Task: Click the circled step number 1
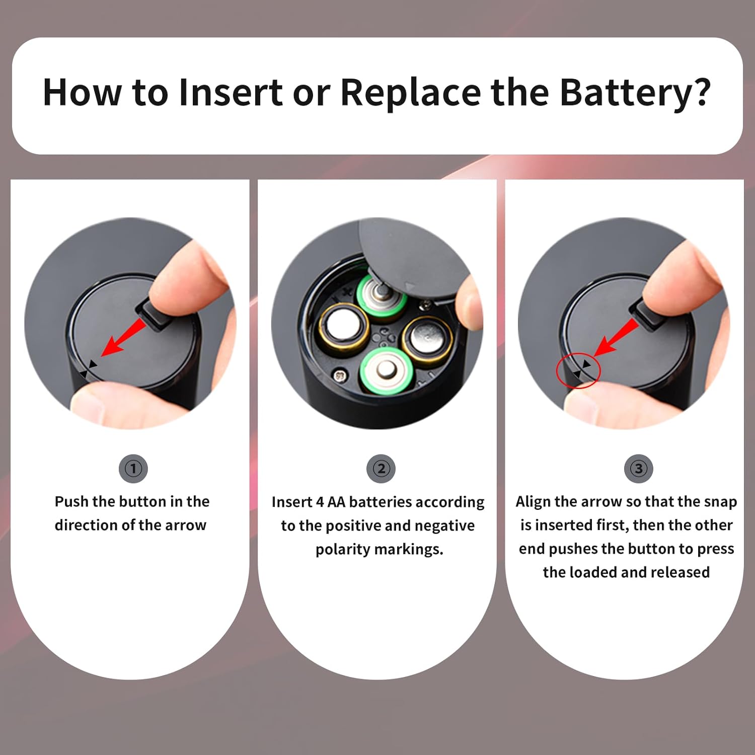point(133,469)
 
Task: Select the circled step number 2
point(381,469)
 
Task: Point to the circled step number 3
point(638,469)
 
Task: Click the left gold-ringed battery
point(343,326)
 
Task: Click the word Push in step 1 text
point(71,501)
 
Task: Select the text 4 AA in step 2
point(330,502)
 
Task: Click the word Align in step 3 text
point(533,502)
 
